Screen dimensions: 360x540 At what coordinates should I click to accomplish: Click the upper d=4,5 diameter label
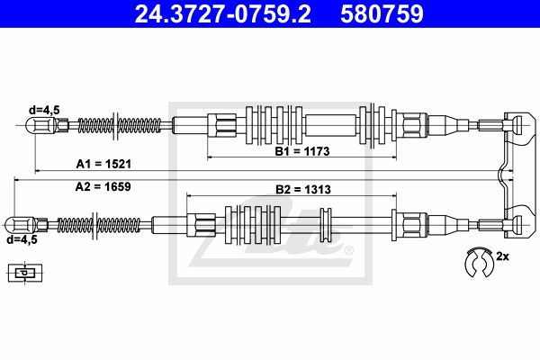click(x=44, y=110)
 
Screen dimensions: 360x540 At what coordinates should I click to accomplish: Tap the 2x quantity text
click(x=502, y=257)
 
